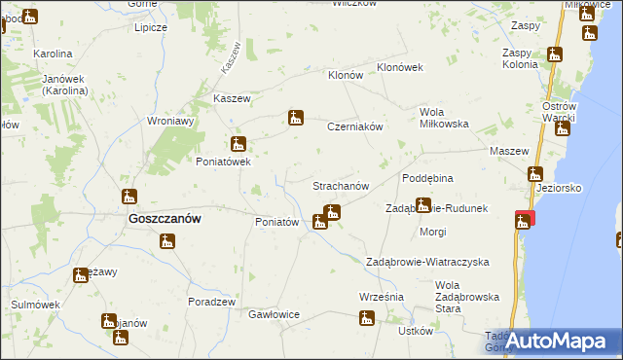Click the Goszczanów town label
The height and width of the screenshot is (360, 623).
[x=165, y=220]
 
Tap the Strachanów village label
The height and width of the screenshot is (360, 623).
[x=340, y=185]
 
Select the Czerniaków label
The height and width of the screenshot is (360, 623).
[x=357, y=126]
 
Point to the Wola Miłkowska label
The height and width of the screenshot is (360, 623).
[x=445, y=118]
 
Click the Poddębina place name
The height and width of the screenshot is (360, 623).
[x=428, y=179]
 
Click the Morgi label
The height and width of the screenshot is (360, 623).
[x=432, y=232]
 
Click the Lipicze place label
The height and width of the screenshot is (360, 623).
[x=151, y=27]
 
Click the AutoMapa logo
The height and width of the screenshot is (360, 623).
[x=551, y=341]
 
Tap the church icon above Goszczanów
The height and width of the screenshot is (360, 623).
[x=129, y=197]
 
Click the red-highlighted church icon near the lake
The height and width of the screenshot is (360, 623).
[x=525, y=221]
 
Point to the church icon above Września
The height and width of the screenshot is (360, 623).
[x=367, y=317]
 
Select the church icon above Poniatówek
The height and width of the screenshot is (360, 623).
[x=238, y=144]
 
